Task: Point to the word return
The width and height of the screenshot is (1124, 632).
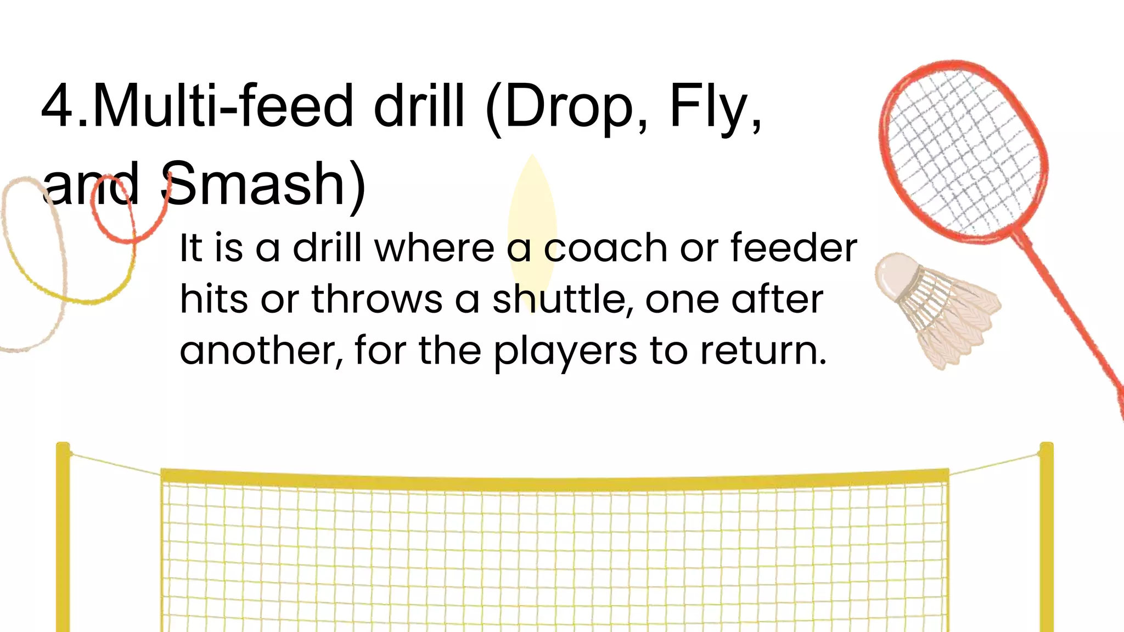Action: [763, 351]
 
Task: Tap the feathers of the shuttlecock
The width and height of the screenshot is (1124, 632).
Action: [955, 318]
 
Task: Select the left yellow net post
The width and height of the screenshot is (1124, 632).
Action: [63, 538]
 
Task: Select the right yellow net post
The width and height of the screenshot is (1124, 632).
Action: [1046, 538]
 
